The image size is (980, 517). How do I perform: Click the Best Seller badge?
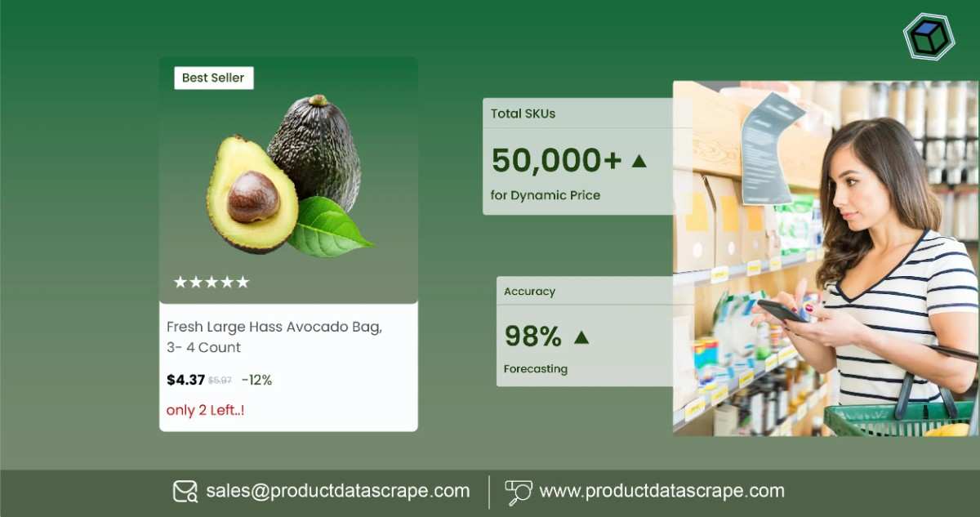click(x=213, y=78)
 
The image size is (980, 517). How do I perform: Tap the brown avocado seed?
click(x=252, y=197)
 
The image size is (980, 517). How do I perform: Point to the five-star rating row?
click(x=211, y=283)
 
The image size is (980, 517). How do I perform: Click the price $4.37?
click(x=185, y=380)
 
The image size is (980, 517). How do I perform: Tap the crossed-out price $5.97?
click(x=220, y=381)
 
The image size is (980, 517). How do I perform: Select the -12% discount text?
click(x=256, y=380)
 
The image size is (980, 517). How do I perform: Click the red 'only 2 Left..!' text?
click(x=205, y=410)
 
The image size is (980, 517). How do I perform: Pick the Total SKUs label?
click(x=523, y=114)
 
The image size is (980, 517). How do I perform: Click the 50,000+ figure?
click(x=556, y=161)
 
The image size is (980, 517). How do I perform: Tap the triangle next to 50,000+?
click(x=639, y=161)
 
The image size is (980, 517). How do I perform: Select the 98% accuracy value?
click(x=532, y=336)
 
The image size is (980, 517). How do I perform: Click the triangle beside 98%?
click(x=581, y=336)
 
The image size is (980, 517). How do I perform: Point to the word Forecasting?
click(x=535, y=368)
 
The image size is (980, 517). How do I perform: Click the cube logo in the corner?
click(x=928, y=37)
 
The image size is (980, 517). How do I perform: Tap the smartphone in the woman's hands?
click(x=782, y=310)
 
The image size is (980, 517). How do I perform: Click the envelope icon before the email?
click(x=185, y=491)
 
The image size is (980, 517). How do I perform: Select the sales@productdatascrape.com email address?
click(x=337, y=491)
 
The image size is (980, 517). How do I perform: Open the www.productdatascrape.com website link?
click(x=661, y=491)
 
